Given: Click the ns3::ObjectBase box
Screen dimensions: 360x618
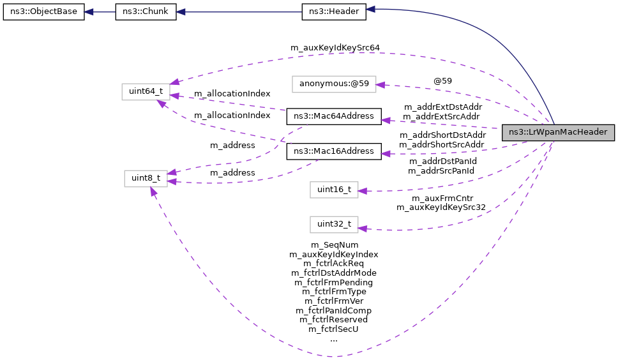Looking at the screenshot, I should point(43,12).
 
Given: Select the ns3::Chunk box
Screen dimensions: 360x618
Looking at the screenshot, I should point(146,12).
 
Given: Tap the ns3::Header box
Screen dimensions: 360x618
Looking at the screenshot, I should point(333,12).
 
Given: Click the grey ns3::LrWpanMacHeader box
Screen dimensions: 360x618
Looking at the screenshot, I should point(558,132).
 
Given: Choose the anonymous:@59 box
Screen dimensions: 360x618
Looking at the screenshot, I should point(334,84).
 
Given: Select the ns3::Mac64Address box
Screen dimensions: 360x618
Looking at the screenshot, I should point(334,116).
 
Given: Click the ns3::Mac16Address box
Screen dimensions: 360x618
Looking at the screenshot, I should point(334,151).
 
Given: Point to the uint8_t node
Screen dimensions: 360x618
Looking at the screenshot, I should point(146,179).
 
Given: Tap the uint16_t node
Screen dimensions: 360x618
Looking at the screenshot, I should point(334,190).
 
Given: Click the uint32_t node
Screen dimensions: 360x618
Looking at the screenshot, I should point(334,225).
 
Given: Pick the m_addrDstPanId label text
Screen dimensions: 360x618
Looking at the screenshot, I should point(441,161).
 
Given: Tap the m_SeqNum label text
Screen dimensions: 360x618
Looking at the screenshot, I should point(334,244).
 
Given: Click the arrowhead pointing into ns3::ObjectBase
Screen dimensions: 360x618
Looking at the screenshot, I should point(90,12).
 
